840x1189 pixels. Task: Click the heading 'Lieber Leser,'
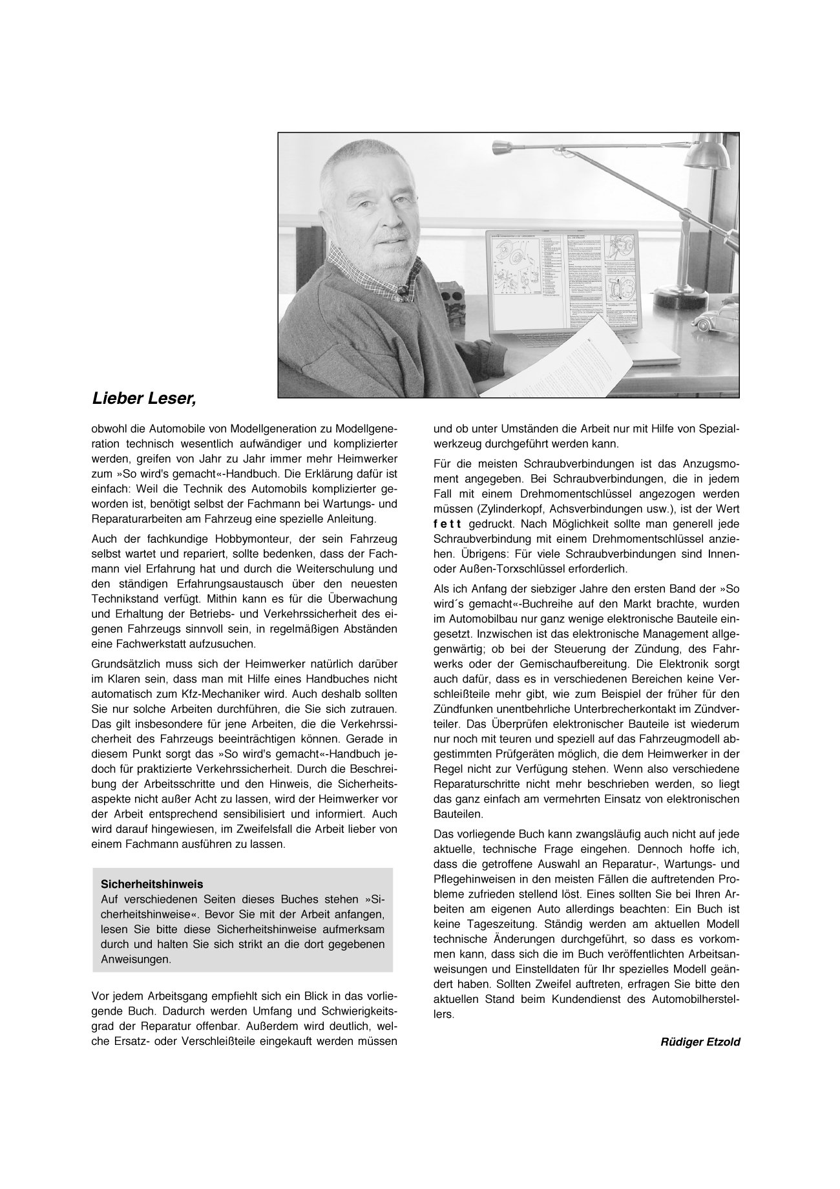pyautogui.click(x=143, y=399)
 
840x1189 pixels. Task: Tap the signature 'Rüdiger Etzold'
pyautogui.click(x=700, y=1043)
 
